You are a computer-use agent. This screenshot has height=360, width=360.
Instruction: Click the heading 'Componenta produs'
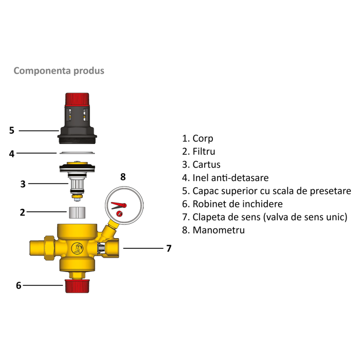(59, 70)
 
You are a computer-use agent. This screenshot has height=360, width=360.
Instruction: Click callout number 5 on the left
(12, 131)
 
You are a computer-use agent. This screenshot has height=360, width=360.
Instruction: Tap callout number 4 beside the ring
(12, 153)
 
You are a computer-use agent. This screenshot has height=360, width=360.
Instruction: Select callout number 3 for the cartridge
(23, 184)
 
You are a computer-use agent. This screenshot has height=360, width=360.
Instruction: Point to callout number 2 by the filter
(23, 212)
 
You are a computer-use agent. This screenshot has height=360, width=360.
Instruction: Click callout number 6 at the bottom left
(19, 285)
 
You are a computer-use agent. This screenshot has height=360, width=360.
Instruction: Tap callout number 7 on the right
(168, 248)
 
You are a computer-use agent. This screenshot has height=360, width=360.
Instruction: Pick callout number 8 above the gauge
(123, 177)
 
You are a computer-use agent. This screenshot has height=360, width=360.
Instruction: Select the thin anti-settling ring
(77, 152)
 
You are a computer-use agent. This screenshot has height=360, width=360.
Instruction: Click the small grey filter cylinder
(77, 211)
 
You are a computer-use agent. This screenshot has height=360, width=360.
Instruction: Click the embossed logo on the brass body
(78, 249)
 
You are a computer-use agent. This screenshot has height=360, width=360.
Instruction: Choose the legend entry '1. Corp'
(197, 138)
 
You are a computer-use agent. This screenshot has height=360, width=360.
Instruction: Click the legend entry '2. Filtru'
(199, 152)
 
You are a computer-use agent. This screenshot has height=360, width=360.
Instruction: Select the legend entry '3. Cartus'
(201, 165)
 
